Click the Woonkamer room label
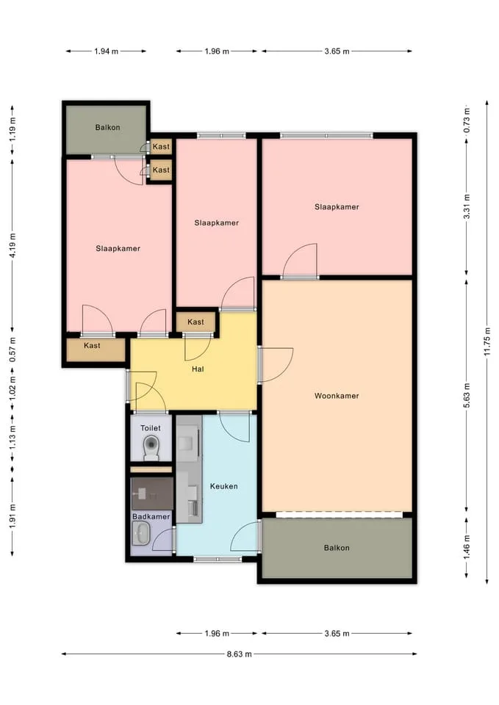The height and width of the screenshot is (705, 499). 337,396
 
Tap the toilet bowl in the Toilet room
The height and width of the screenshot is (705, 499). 151,448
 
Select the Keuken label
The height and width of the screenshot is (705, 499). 223,486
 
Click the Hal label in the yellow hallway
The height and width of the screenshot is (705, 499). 198,369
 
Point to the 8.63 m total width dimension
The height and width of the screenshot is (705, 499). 239,654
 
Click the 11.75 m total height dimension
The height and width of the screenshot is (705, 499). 487,341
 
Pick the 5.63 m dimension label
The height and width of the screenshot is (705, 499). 466,395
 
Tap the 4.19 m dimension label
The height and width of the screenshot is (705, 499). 12,245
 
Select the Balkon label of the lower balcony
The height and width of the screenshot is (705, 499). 337,548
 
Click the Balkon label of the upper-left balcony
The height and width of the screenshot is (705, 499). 107,127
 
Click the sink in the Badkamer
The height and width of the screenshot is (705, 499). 142,533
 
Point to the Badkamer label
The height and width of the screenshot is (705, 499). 151,516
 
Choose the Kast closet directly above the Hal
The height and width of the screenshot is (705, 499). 195,322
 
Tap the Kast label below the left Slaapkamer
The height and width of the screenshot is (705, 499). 93,345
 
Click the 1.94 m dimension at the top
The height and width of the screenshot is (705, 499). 106,51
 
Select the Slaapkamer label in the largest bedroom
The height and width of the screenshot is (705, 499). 337,207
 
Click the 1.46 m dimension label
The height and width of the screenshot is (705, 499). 466,547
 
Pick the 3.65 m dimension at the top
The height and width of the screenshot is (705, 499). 337,51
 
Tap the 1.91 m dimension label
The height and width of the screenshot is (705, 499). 12,516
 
